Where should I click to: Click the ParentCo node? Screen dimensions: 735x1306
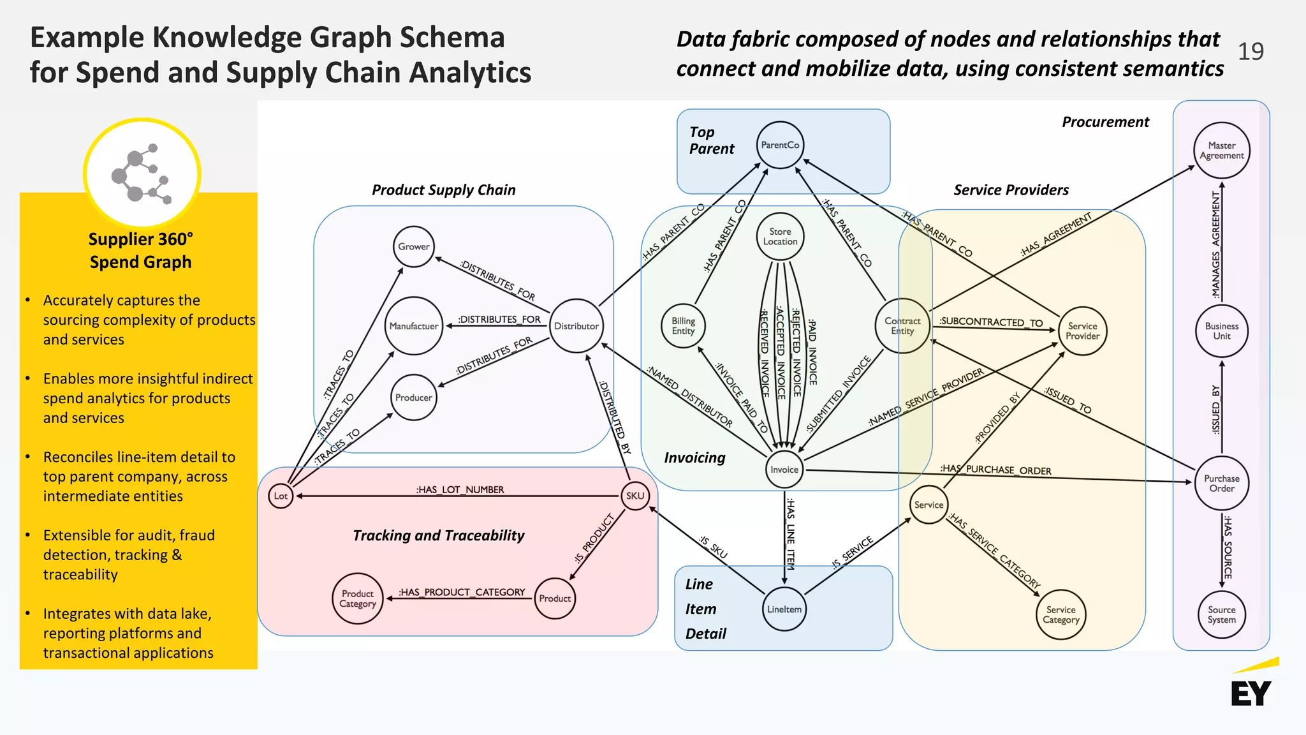[x=780, y=145]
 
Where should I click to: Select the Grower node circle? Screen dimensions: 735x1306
[x=414, y=247]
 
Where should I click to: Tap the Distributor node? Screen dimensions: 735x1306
[x=576, y=326]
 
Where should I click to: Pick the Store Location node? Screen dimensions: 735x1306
[x=780, y=237]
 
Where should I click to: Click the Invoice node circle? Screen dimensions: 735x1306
[x=784, y=470]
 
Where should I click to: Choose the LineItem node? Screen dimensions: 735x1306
[x=784, y=609]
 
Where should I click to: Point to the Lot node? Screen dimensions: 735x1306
[x=281, y=496]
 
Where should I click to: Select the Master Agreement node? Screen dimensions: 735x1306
[x=1221, y=151]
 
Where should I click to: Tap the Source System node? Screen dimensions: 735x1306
[x=1221, y=615]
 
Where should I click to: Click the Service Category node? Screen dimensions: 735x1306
[x=1061, y=615]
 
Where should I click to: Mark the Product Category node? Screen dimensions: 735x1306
[x=358, y=598]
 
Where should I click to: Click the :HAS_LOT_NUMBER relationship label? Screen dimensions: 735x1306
[x=460, y=489]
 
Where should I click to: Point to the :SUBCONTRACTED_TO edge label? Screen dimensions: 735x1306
[x=991, y=322]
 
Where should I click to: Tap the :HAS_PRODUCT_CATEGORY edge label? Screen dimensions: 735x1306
[x=462, y=592]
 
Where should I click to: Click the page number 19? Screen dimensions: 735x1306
[x=1251, y=52]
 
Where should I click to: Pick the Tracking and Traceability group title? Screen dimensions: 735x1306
[x=439, y=535]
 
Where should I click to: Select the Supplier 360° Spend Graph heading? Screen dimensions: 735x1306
[x=140, y=251]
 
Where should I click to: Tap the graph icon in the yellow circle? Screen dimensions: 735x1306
[x=142, y=174]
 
